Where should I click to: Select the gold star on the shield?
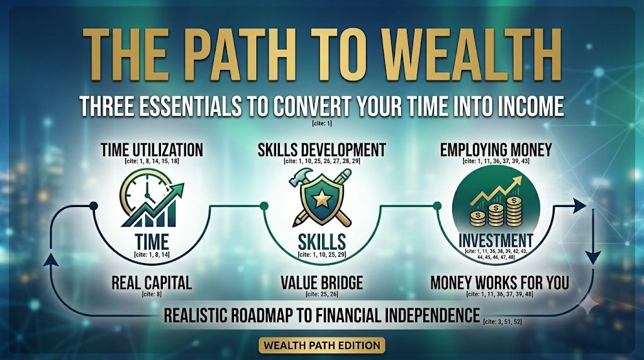(x=321, y=200)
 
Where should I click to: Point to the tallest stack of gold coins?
(x=514, y=211)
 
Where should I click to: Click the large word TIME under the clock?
(x=152, y=242)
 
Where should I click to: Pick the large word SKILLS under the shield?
(x=321, y=242)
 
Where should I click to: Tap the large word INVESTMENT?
(x=496, y=241)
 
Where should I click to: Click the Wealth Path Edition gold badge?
(x=322, y=345)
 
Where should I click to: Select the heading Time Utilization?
(x=152, y=150)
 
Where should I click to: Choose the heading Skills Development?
(x=321, y=150)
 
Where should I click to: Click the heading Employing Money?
(x=496, y=150)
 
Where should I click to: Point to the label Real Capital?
(x=152, y=283)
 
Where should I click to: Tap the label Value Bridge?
(x=321, y=283)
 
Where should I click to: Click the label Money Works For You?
(x=499, y=283)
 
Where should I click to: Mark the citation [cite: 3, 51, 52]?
(x=502, y=322)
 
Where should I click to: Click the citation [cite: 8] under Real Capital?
(x=152, y=295)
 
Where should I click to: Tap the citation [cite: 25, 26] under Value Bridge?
(x=321, y=295)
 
